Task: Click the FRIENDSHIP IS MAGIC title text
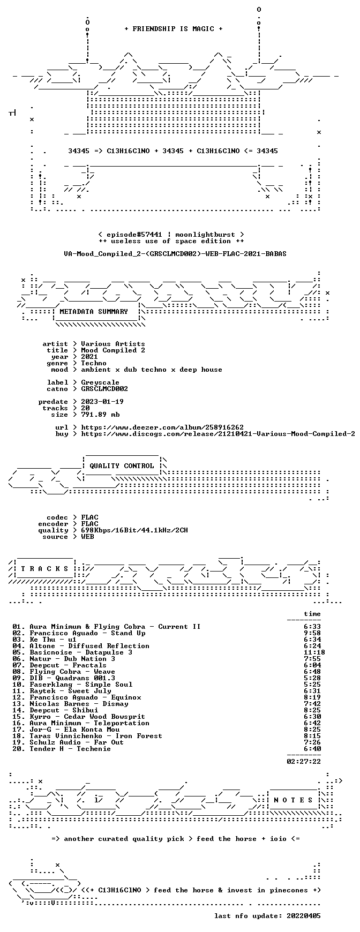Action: click(x=173, y=29)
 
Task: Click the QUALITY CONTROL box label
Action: click(x=122, y=466)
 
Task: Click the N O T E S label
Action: click(x=293, y=800)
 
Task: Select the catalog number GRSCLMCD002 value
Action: click(x=104, y=389)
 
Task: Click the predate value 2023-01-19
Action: click(x=102, y=402)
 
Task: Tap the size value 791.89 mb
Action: click(x=100, y=415)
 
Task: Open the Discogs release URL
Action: click(x=218, y=434)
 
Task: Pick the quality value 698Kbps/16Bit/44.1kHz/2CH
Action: click(x=134, y=530)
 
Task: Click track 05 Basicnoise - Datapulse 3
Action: click(x=81, y=652)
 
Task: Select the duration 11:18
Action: click(x=314, y=652)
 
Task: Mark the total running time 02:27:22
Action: click(x=304, y=762)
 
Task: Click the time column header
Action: click(x=312, y=614)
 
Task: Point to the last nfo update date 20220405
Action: click(x=304, y=916)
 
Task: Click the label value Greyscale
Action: click(x=100, y=382)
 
